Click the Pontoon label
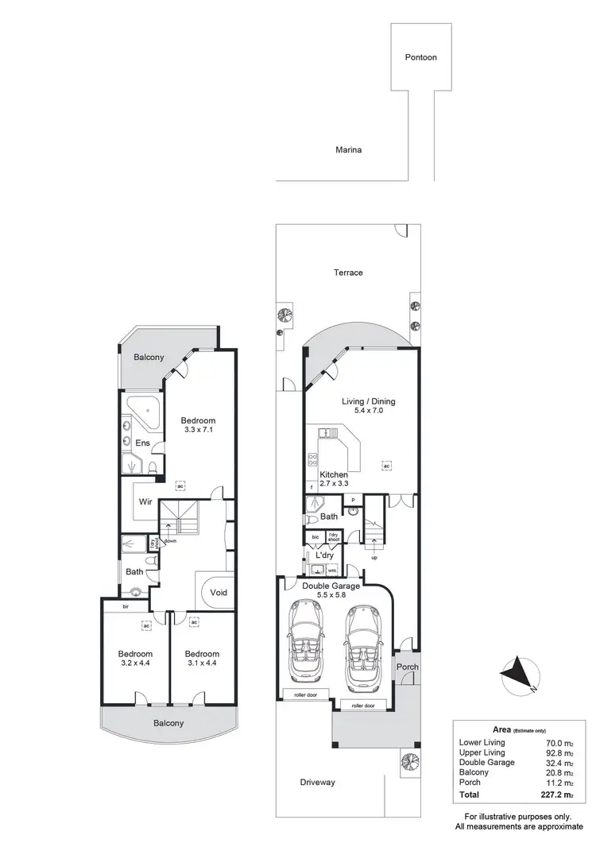[x=420, y=57]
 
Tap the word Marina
[x=348, y=149]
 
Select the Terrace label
[x=348, y=273]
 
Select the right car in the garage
[x=362, y=644]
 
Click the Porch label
[x=408, y=667]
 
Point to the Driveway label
[x=318, y=783]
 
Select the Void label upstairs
[x=219, y=592]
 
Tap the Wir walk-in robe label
[x=145, y=501]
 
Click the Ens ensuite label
[x=143, y=443]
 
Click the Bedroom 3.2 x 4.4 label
[x=134, y=658]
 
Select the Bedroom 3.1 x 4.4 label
[x=202, y=658]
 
